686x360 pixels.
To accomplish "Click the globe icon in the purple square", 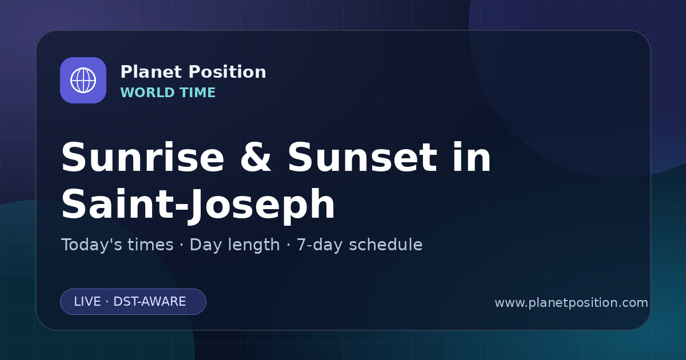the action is (83, 80).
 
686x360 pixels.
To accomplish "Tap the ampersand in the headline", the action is (256, 157).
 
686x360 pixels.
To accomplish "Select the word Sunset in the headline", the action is (362, 157).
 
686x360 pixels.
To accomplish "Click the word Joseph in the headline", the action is (262, 206).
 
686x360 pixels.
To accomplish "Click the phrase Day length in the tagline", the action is (234, 245).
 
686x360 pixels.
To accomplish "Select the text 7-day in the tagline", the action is (320, 245).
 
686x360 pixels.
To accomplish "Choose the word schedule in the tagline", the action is (386, 245).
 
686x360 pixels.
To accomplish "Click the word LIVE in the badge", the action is (87, 302).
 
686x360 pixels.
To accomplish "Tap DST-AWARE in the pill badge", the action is (150, 302).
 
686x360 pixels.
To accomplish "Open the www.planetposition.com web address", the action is (572, 303).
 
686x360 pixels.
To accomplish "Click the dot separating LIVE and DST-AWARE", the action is (107, 302).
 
